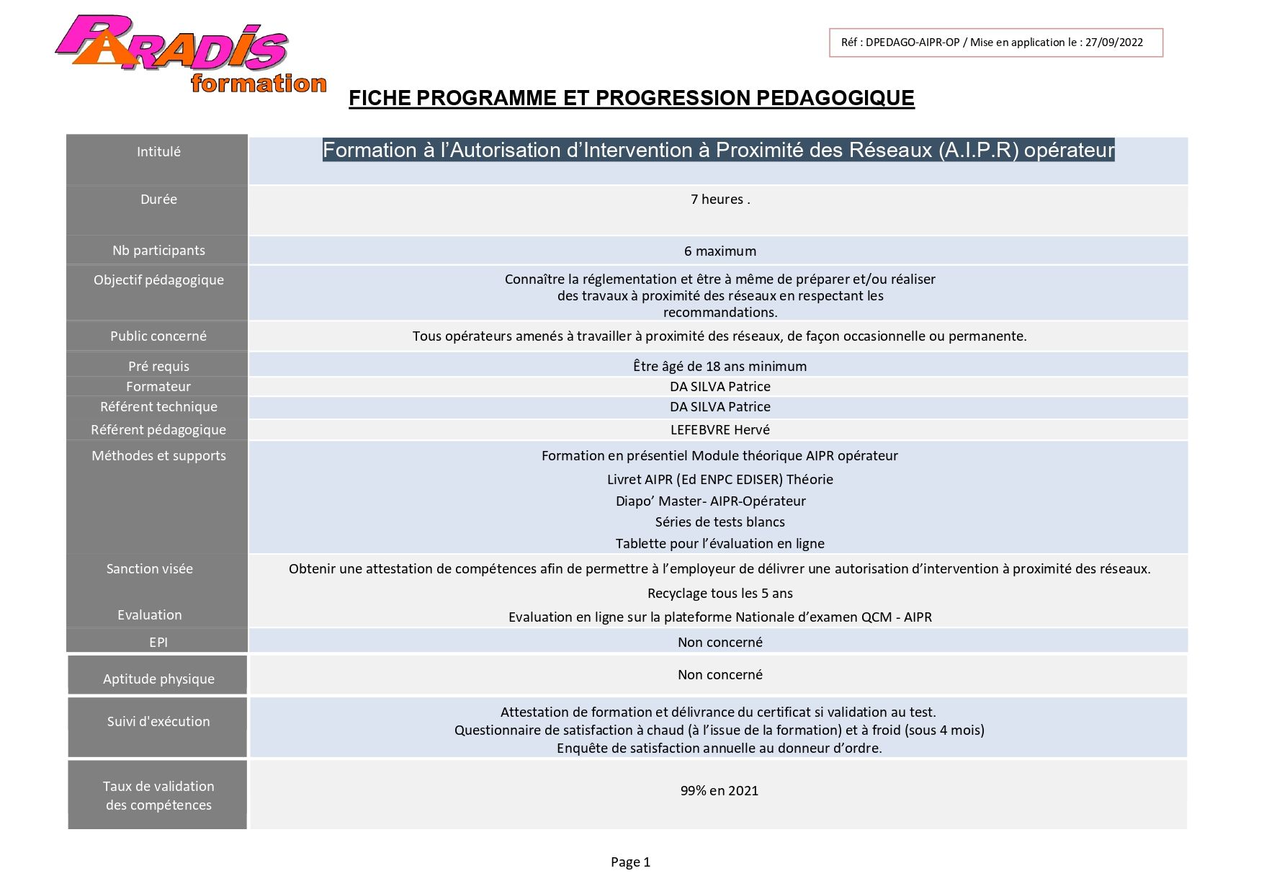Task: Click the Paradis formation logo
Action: pyautogui.click(x=191, y=54)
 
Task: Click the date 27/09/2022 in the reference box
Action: pyautogui.click(x=1113, y=43)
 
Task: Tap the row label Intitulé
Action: pyautogui.click(x=158, y=152)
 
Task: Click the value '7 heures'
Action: pyautogui.click(x=720, y=200)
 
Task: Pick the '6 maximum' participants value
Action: pyautogui.click(x=720, y=251)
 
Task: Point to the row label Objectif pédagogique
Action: pyautogui.click(x=158, y=280)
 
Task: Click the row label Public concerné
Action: pyautogui.click(x=158, y=336)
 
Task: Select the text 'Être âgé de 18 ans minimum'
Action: pyautogui.click(x=720, y=367)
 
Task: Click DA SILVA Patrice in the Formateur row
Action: pyautogui.click(x=720, y=387)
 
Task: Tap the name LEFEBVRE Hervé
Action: pyautogui.click(x=720, y=430)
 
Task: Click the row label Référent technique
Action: pyautogui.click(x=158, y=407)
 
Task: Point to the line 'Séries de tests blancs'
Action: pyautogui.click(x=720, y=522)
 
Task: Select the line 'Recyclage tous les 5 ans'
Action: pyautogui.click(x=720, y=594)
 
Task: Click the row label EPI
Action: pyautogui.click(x=158, y=643)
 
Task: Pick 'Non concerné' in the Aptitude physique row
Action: pyautogui.click(x=720, y=675)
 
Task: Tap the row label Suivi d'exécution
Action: pyautogui.click(x=158, y=722)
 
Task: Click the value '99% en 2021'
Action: pyautogui.click(x=719, y=791)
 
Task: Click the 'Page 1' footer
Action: pyautogui.click(x=630, y=862)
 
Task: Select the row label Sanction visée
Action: pyautogui.click(x=150, y=569)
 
